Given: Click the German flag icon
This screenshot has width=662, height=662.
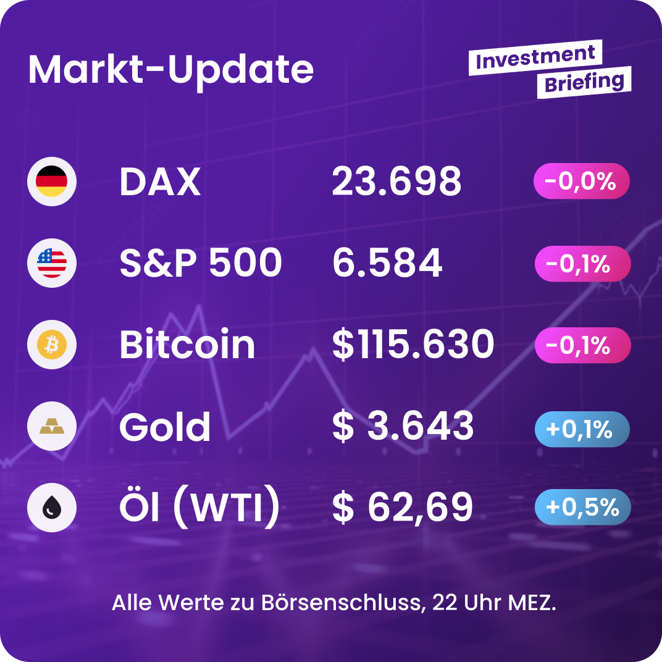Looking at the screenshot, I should (x=52, y=182).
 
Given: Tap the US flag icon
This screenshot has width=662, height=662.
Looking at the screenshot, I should (x=52, y=263).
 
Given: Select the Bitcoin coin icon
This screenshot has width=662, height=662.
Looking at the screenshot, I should (x=52, y=345).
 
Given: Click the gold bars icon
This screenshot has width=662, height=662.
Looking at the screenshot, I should (x=52, y=426).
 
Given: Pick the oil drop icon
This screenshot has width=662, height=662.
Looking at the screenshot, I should (x=52, y=508).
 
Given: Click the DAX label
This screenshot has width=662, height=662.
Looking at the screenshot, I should (x=160, y=182).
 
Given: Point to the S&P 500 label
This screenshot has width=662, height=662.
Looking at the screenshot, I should (x=201, y=263).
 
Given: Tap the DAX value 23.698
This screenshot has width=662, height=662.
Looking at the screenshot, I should (x=396, y=182).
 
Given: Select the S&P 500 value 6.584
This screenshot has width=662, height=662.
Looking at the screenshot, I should (x=387, y=263).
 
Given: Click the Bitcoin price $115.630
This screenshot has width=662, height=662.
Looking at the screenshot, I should (x=413, y=345).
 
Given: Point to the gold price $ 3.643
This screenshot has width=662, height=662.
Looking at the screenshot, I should (x=403, y=426).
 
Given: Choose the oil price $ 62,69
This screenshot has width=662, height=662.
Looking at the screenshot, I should (x=403, y=508).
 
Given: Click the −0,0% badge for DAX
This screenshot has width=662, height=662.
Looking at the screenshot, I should (x=582, y=182).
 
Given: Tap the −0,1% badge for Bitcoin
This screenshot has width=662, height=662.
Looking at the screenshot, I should (x=582, y=345).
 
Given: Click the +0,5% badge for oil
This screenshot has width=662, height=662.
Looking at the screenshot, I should (x=582, y=507).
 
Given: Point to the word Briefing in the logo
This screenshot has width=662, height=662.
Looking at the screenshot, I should (x=584, y=82).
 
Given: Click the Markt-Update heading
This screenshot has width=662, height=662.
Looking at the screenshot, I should (x=171, y=69).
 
